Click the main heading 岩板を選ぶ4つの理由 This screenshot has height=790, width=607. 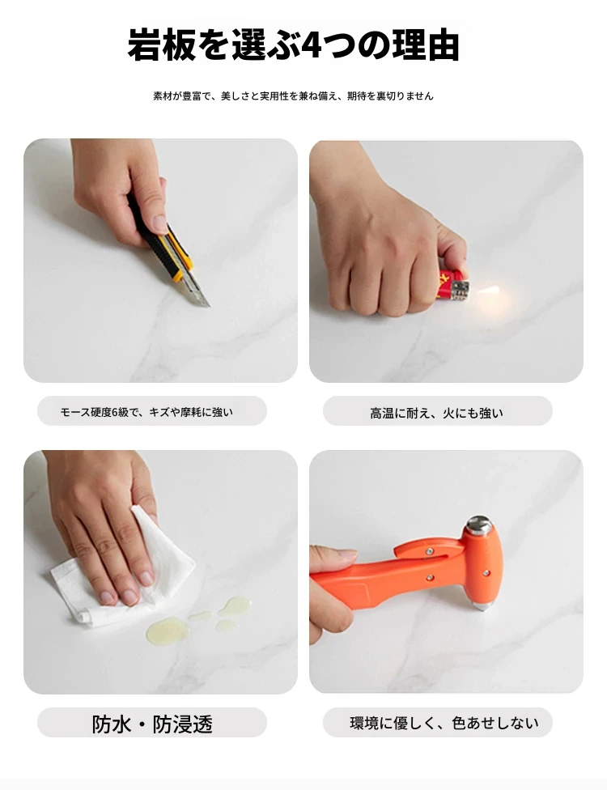[293, 45]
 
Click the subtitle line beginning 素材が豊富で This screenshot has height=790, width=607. [293, 96]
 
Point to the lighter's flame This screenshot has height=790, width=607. [487, 291]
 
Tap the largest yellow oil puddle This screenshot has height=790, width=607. [166, 631]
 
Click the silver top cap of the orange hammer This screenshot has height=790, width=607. [479, 525]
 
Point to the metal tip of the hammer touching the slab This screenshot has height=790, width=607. [482, 605]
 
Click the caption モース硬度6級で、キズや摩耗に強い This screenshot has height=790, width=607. [146, 412]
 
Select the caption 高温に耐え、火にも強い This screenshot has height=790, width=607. [436, 413]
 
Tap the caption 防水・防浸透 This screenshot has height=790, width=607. [152, 724]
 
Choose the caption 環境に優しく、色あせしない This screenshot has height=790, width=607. [444, 723]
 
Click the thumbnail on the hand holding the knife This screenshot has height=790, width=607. [160, 223]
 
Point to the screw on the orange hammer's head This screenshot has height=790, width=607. [486, 573]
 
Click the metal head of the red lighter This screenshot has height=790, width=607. [461, 291]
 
